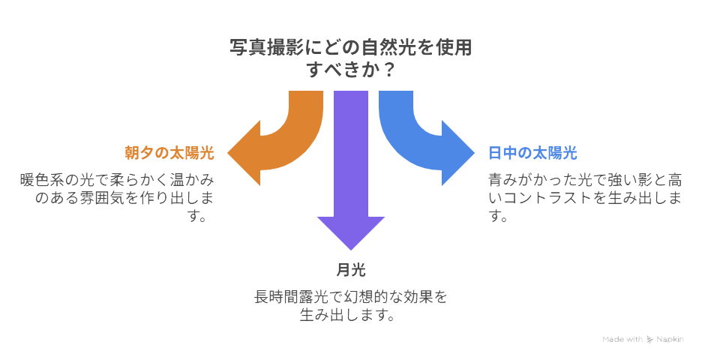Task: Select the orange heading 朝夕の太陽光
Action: pos(169,154)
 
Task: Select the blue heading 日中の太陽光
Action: pos(532,154)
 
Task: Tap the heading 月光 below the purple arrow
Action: pos(351,270)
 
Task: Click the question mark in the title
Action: pos(389,70)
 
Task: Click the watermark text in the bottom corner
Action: pos(643,339)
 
